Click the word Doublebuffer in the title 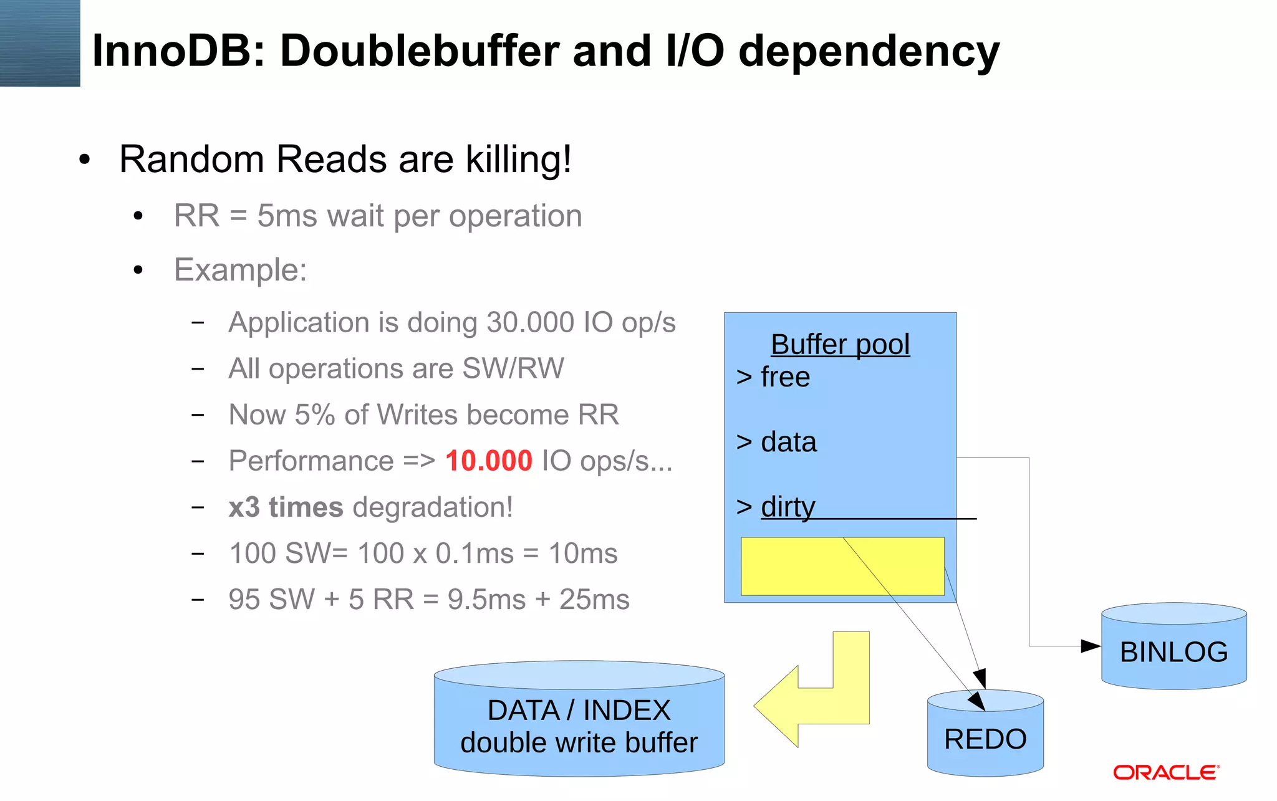click(x=420, y=50)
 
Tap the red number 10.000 click(x=488, y=461)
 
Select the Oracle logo click(x=1165, y=773)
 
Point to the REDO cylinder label click(x=985, y=739)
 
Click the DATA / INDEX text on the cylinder click(x=579, y=711)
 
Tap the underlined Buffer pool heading click(x=840, y=345)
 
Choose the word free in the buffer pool click(x=785, y=378)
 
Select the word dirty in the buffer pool click(x=788, y=507)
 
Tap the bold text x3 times click(x=286, y=507)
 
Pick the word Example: click(x=240, y=271)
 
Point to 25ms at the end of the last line click(x=594, y=600)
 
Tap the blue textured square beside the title click(x=40, y=43)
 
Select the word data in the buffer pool click(x=788, y=443)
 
